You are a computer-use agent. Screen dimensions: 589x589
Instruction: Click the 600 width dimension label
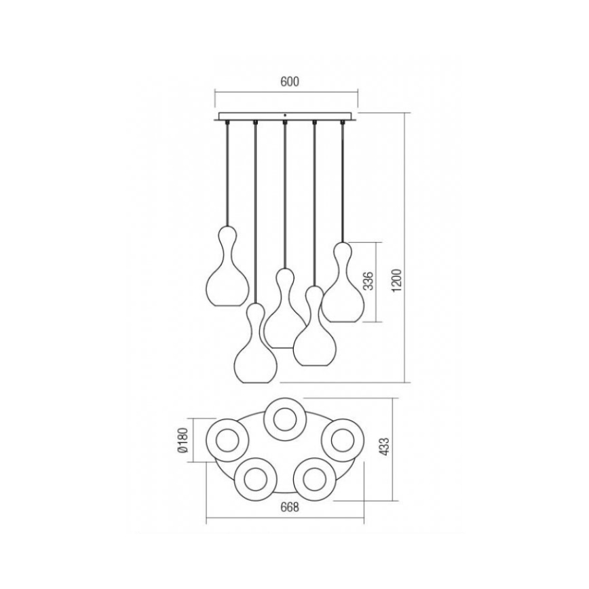289,81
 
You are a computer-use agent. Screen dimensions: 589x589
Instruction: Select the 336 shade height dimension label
369,281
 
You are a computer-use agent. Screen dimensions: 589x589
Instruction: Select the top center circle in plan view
284,419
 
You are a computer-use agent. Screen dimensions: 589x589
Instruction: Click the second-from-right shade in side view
312,332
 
